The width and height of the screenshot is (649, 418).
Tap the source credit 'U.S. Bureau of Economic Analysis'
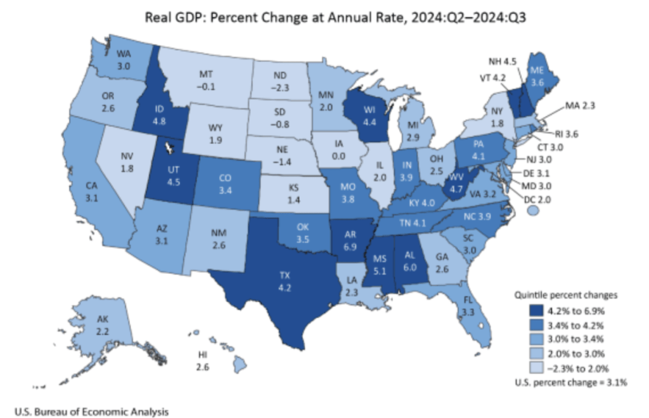88,411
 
